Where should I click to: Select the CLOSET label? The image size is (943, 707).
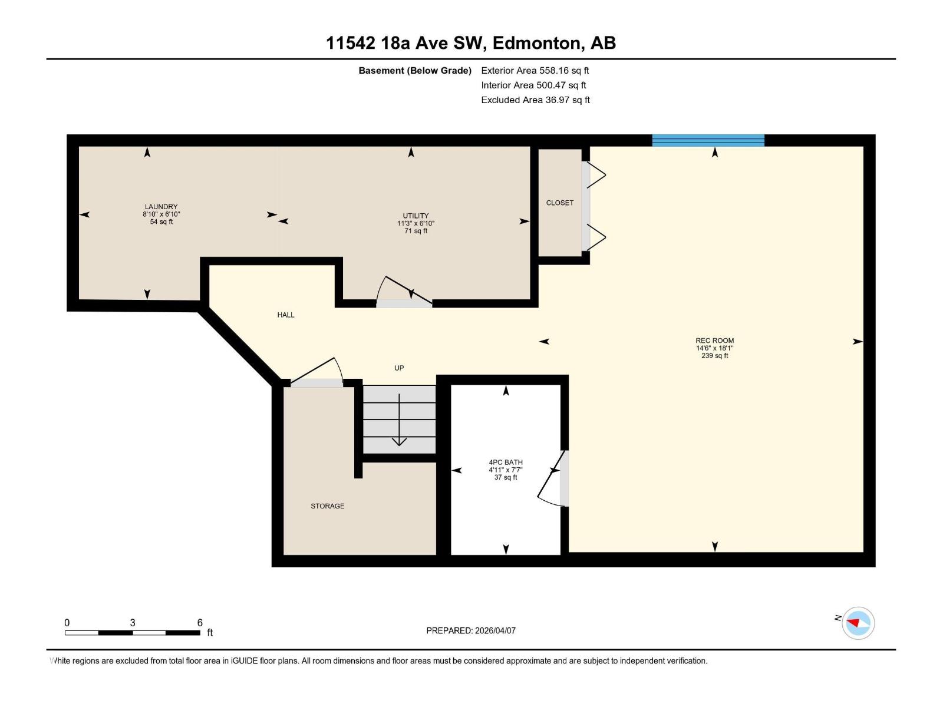tap(559, 203)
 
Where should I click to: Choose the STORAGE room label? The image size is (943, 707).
tap(328, 506)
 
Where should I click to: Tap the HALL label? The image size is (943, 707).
tap(286, 315)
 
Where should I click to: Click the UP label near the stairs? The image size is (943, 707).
tap(399, 368)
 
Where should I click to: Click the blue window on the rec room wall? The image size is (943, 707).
tap(708, 140)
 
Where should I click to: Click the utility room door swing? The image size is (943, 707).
tap(403, 292)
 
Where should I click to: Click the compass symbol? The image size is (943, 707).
tap(858, 623)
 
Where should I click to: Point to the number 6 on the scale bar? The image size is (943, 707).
tap(200, 623)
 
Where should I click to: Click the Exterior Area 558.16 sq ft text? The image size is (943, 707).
tap(535, 70)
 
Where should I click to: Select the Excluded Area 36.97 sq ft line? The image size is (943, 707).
tap(535, 100)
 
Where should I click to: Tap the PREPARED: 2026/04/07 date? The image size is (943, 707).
tap(471, 630)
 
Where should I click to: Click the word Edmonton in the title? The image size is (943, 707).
tap(535, 43)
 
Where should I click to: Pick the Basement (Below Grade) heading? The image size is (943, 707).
tap(414, 71)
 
